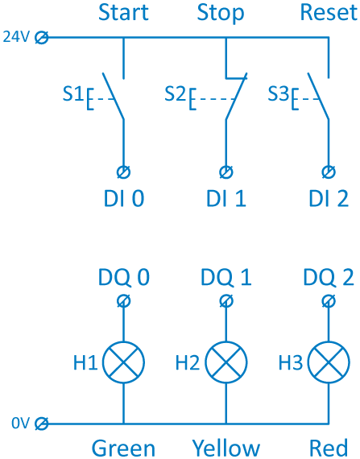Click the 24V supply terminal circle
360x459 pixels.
[x=42, y=38]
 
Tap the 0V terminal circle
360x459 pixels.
[x=42, y=424]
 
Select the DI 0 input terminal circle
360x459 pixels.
[x=123, y=172]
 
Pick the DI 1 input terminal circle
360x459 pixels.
[x=226, y=172]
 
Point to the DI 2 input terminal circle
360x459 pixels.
[x=329, y=172]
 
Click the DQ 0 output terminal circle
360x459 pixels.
[x=123, y=301]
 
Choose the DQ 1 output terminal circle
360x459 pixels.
[x=226, y=301]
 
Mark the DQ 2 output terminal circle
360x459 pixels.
[x=329, y=301]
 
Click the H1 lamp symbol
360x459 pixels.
[x=123, y=362]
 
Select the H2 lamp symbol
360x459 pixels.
[x=226, y=362]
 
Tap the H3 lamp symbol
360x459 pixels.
[x=329, y=362]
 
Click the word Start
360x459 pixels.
[x=123, y=12]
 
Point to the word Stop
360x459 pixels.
[x=221, y=14]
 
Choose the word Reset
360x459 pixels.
[x=329, y=12]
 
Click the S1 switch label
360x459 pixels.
[x=72, y=93]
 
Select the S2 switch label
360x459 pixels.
[x=176, y=93]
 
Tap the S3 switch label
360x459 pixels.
[x=279, y=93]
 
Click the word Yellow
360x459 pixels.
[x=226, y=449]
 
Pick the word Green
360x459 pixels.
[x=123, y=449]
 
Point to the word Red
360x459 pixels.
[x=329, y=449]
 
